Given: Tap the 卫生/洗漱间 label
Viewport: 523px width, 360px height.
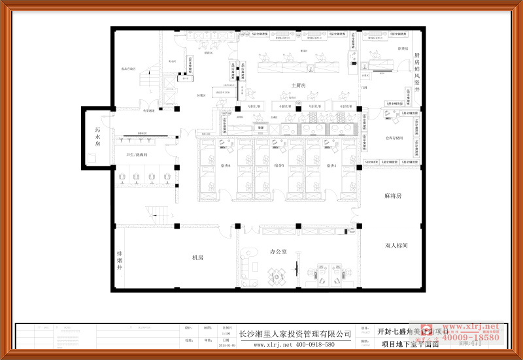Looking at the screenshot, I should [137, 155].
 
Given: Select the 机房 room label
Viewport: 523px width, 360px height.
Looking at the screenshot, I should [197, 257].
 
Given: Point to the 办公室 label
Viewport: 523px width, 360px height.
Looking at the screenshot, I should [278, 252].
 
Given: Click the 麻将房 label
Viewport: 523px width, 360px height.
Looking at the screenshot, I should [393, 196].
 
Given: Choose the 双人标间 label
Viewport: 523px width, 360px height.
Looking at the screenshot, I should [396, 246].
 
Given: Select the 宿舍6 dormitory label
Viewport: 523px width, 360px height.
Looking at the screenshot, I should [226, 166].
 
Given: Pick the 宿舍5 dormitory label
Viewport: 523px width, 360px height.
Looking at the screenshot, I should [278, 166].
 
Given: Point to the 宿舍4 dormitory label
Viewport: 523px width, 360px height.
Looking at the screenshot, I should [330, 166].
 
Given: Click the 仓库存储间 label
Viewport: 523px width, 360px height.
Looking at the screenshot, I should [398, 139].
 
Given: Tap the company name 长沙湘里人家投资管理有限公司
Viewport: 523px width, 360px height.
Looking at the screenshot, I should [294, 333].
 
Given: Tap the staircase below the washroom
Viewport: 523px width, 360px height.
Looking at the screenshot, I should [158, 213].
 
